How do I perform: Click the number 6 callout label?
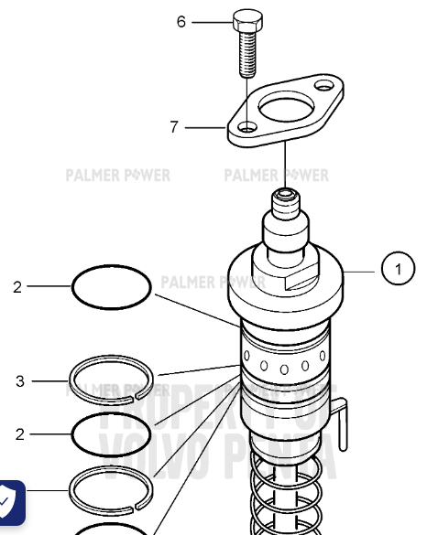tap(181, 21)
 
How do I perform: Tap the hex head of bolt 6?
tap(246, 20)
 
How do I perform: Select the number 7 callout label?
tap(174, 127)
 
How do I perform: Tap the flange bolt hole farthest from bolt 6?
tap(325, 86)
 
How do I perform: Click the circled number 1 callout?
tap(397, 269)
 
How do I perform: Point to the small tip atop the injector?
tap(286, 196)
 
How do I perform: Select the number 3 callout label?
tap(20, 381)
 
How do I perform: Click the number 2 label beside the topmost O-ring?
tap(16, 286)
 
